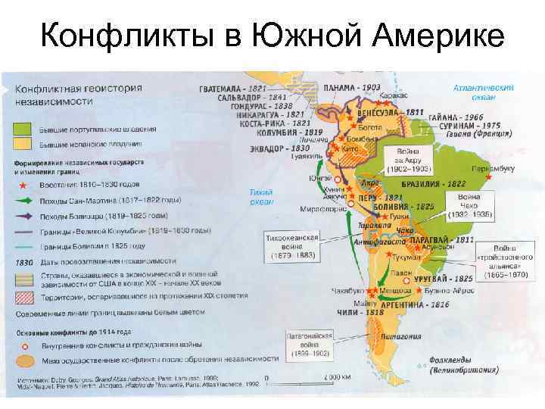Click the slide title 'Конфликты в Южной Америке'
[x=272, y=34]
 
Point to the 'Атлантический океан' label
[x=483, y=92]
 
